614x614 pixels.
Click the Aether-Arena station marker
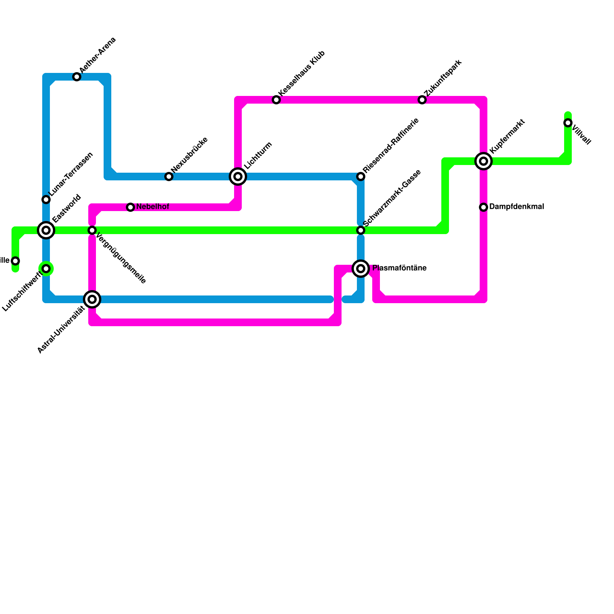coord(77,77)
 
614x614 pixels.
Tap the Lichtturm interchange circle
coord(238,177)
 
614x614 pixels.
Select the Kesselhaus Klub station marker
coord(276,100)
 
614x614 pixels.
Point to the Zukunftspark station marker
coord(422,100)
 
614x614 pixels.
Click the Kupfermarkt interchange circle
coord(484,161)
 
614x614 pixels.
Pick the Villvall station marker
coord(568,123)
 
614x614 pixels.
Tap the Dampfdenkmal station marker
coord(484,207)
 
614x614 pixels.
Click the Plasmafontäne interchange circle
coord(361,269)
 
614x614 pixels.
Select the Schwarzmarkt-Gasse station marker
coord(361,230)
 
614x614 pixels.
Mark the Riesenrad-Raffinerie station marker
coord(361,177)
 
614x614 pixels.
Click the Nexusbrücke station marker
coord(169,177)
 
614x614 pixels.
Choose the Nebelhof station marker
coord(130,207)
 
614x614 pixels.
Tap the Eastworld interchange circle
coord(46,230)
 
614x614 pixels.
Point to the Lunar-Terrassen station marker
coord(46,200)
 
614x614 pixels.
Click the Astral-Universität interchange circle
coord(92,299)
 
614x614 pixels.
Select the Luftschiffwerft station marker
coord(46,269)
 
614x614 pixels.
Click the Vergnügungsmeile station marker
coord(92,230)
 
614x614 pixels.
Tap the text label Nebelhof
coord(153,207)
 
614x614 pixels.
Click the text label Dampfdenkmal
coord(517,207)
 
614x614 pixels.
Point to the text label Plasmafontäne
coord(399,268)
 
